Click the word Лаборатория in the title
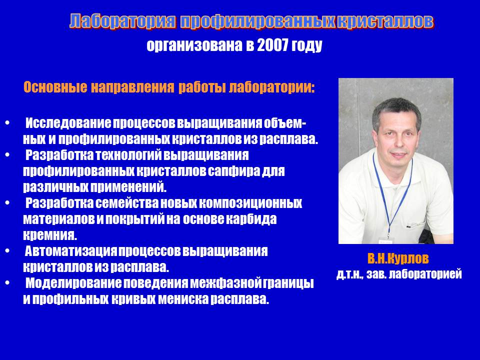tap(123, 21)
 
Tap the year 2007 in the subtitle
tap(273, 45)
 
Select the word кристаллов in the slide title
tap(385, 21)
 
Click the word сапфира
tap(233, 171)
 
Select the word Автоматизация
tap(71, 251)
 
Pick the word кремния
tap(50, 235)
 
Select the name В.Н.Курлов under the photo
tap(398, 258)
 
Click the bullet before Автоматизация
tap(7, 251)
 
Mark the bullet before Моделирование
tap(7, 283)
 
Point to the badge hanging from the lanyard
tap(386, 241)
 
